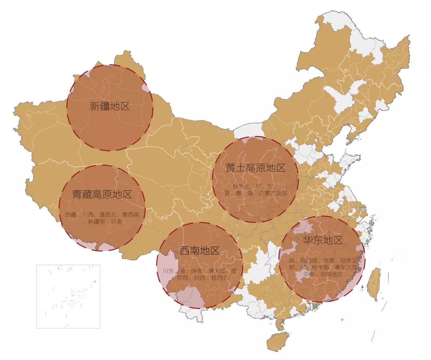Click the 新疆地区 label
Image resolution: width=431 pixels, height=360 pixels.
[x=109, y=106]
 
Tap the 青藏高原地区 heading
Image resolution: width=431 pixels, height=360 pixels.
[x=102, y=195]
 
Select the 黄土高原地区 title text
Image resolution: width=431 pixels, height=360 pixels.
[x=255, y=168]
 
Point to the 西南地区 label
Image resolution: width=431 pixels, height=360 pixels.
[x=199, y=251]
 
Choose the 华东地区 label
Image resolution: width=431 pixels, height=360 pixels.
[x=323, y=240]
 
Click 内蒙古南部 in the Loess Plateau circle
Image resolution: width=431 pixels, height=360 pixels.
[x=273, y=193]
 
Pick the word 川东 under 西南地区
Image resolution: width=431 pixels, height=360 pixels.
[x=168, y=271]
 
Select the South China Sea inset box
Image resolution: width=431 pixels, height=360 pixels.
[x=68, y=296]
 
